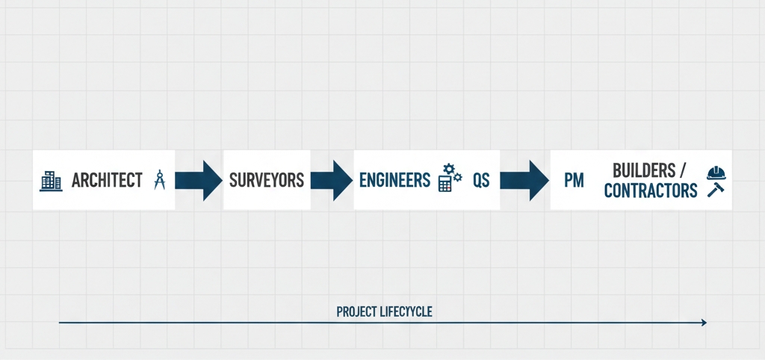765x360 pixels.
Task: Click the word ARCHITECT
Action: [x=107, y=180]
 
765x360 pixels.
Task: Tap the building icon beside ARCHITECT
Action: [x=50, y=180]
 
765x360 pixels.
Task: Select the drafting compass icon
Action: [x=158, y=180]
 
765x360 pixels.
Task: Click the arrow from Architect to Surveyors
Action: [x=199, y=180]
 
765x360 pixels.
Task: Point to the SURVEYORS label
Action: [x=266, y=180]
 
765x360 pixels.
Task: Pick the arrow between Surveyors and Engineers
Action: [x=331, y=180]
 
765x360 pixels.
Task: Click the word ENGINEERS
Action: [x=394, y=180]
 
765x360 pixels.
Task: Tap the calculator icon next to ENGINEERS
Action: [x=445, y=184]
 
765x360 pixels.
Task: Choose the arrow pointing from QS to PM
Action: [x=524, y=180]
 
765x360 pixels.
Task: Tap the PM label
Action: [x=573, y=181]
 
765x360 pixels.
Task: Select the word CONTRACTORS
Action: [x=650, y=190]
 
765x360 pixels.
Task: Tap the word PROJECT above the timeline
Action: [x=356, y=311]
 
